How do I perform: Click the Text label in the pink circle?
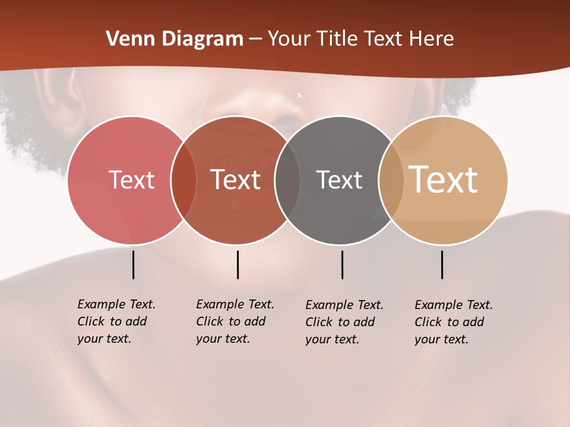coord(131,180)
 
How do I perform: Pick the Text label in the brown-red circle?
coord(236,180)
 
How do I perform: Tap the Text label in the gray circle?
coord(339,180)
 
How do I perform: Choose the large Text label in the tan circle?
coord(444,180)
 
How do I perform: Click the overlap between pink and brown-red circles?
coord(183,180)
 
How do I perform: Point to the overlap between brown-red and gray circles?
coord(287,180)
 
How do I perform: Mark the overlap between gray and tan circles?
coord(391,180)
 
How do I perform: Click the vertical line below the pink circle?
coord(133,265)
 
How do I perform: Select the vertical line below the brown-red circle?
coord(237,265)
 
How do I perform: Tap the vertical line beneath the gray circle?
coord(342,265)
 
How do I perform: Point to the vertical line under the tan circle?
coord(442,265)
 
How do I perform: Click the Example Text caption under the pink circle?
coord(116,321)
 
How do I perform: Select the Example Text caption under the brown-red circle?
coord(235,321)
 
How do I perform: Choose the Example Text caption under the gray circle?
coord(344,322)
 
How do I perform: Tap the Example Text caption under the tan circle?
coord(454,322)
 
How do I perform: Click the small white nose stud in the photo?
coord(299,95)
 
